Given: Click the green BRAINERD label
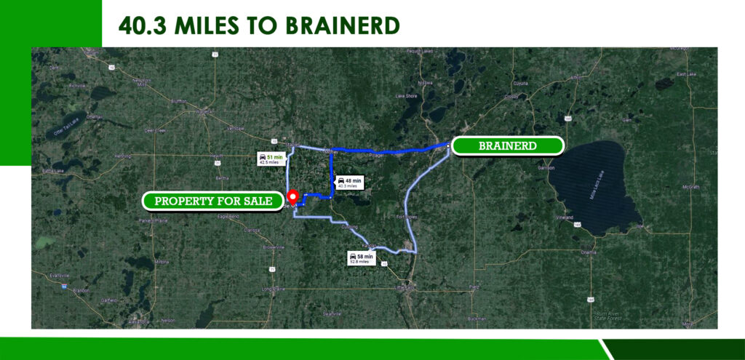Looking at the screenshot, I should point(508,145).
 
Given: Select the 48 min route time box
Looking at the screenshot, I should point(348,183).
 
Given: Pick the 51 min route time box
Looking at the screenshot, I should point(270,159).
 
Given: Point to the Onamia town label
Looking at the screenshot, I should point(588,252).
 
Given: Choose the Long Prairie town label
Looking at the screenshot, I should point(274,289).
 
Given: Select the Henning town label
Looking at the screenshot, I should point(122,156).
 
